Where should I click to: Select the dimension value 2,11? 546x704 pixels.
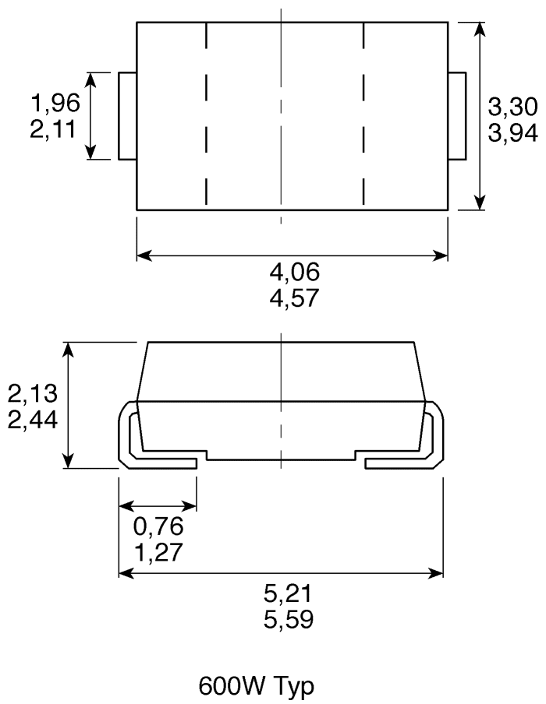(54, 128)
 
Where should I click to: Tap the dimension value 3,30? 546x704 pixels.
(512, 107)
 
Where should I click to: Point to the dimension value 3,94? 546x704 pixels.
(512, 133)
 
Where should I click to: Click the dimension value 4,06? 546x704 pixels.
(294, 272)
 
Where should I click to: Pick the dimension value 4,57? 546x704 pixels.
(294, 297)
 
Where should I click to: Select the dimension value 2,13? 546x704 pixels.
(31, 394)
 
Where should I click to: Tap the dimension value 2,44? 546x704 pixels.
(31, 421)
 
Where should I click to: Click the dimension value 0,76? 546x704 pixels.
(159, 527)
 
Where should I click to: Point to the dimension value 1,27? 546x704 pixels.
(159, 553)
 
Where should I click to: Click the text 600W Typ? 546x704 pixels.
(257, 687)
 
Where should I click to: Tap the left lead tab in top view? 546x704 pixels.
(127, 116)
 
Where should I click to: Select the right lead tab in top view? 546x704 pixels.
(457, 116)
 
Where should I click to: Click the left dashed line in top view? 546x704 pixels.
(206, 116)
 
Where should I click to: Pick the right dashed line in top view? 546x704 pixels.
(363, 116)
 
